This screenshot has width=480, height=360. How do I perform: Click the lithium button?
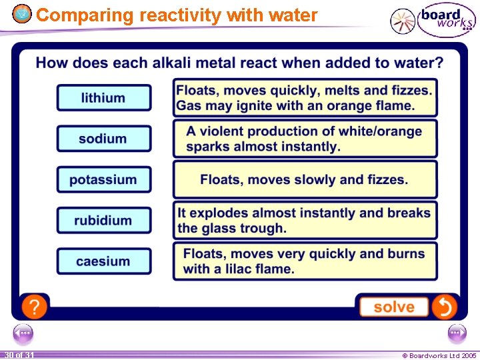pos(103,98)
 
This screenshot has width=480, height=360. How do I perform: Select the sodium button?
pos(103,139)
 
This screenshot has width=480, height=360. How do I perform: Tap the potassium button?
pos(103,179)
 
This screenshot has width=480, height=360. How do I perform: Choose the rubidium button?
pos(103,220)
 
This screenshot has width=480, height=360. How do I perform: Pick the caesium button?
pos(103,261)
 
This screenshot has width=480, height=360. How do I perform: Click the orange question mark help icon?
pos(34,307)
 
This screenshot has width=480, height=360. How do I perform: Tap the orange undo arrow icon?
pos(444,307)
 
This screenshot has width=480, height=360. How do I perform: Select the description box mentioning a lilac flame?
pos(305,261)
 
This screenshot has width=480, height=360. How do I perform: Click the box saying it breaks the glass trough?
pos(305,221)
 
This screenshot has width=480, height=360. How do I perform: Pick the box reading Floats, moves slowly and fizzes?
pos(305,179)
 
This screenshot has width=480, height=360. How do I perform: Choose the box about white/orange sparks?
pos(305,139)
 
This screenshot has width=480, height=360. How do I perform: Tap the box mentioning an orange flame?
pos(305,98)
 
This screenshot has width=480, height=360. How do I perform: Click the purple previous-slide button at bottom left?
pos(23,333)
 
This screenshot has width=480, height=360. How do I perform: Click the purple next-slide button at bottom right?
pos(457,333)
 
